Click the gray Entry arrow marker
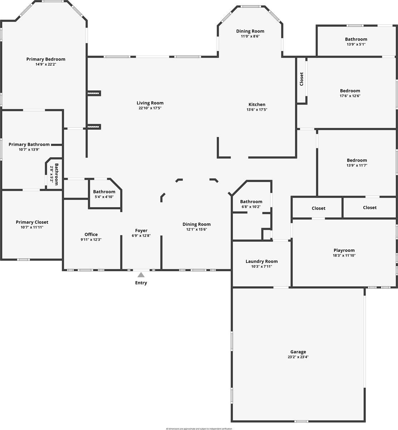141,275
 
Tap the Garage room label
298,352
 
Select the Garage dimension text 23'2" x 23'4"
298,357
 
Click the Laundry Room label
261,261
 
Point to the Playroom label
344,250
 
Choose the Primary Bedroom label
46,59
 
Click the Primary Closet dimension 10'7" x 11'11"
32,227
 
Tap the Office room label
91,234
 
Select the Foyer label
141,230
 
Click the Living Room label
150,103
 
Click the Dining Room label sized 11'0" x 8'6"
250,31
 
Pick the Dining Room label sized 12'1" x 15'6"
196,224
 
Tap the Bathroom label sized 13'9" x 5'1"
356,39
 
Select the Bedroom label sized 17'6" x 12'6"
350,91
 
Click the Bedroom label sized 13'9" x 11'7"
357,160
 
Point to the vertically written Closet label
301,79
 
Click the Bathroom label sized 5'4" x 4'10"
104,192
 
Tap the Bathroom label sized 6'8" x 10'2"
251,201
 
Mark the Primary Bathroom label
29,144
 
